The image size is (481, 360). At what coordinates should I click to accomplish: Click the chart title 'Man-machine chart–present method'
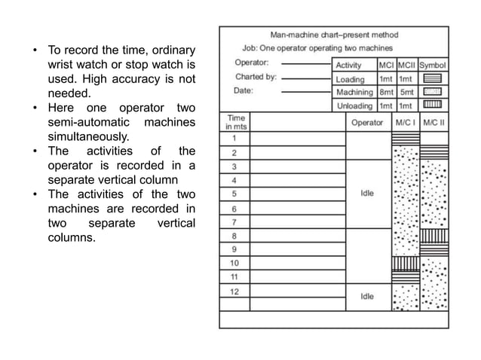333,35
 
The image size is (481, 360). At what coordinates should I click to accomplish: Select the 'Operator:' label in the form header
254,63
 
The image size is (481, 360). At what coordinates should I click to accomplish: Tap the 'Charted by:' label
256,76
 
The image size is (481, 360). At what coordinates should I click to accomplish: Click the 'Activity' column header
348,66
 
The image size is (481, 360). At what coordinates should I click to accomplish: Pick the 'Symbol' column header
432,66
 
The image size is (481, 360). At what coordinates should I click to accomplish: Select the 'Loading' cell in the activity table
350,79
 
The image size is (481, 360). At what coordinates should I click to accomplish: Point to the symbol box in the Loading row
432,79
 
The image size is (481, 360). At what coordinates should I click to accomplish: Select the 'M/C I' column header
405,122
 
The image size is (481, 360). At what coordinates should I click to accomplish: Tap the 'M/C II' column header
434,122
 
